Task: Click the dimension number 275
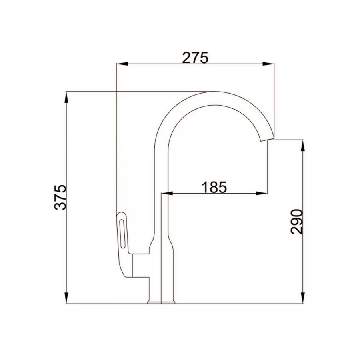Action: [x=195, y=58]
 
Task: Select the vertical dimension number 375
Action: [x=60, y=197]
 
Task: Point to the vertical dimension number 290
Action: [x=297, y=221]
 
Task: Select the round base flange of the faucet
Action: [x=161, y=302]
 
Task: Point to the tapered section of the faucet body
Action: [x=162, y=244]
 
